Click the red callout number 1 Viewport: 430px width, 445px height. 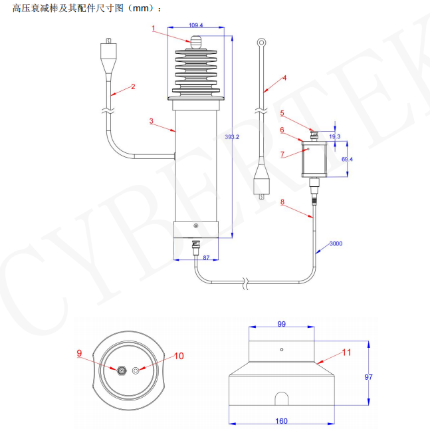[x=154, y=28]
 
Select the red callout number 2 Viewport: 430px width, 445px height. [x=133, y=86]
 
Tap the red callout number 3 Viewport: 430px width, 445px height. [x=152, y=121]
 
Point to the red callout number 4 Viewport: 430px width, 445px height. [x=284, y=78]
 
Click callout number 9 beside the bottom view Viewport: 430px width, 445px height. [x=79, y=353]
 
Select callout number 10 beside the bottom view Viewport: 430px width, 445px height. [x=179, y=356]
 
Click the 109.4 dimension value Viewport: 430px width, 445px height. [x=195, y=25]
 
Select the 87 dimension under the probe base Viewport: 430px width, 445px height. [x=207, y=257]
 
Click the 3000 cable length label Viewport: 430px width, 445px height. [x=336, y=244]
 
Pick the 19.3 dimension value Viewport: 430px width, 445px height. [x=335, y=137]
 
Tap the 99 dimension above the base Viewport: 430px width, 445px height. [x=281, y=324]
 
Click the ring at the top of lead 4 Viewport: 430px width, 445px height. [x=263, y=45]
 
